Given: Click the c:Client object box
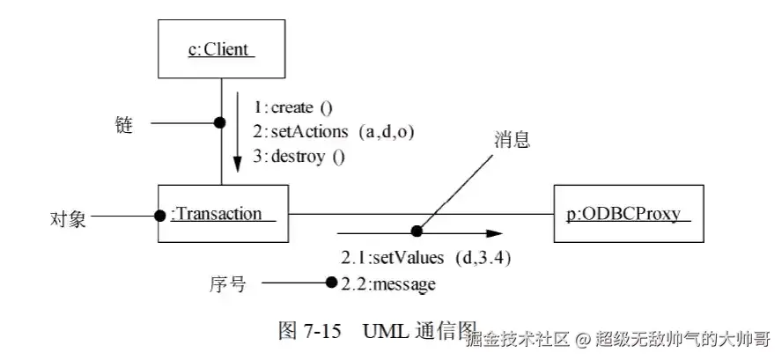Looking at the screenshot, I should click(x=221, y=49).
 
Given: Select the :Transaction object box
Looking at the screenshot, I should click(x=223, y=214).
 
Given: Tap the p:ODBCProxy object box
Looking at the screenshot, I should click(x=629, y=214).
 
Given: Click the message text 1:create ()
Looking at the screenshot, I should click(x=293, y=108).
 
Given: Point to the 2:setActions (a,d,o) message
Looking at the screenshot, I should click(x=334, y=132).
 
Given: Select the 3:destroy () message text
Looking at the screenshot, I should click(x=299, y=157).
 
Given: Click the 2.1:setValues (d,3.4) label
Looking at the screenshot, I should click(x=426, y=259).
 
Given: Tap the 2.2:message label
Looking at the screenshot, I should click(x=388, y=283).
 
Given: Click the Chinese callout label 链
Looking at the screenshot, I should click(x=124, y=125).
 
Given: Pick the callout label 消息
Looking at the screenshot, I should click(x=512, y=141).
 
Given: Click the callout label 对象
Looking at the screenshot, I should click(x=67, y=217).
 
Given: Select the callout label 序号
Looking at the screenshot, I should click(x=227, y=283).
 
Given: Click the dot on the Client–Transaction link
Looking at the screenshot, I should click(x=220, y=122).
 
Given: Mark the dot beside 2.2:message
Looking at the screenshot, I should click(x=331, y=283).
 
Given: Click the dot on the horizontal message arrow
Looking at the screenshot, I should click(x=417, y=232).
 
